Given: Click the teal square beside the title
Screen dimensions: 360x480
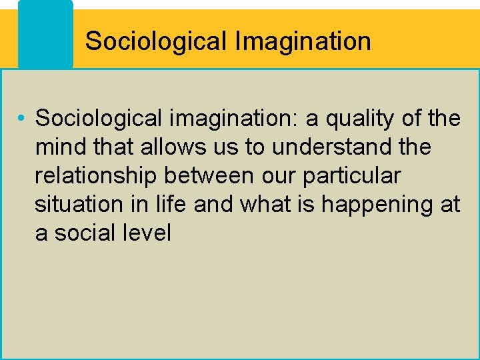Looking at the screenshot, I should (45, 33).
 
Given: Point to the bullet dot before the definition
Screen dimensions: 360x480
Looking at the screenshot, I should (23, 119).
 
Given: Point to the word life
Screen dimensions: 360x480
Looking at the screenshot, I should (170, 205).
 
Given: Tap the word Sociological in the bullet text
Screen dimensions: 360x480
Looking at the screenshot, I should (99, 119).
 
